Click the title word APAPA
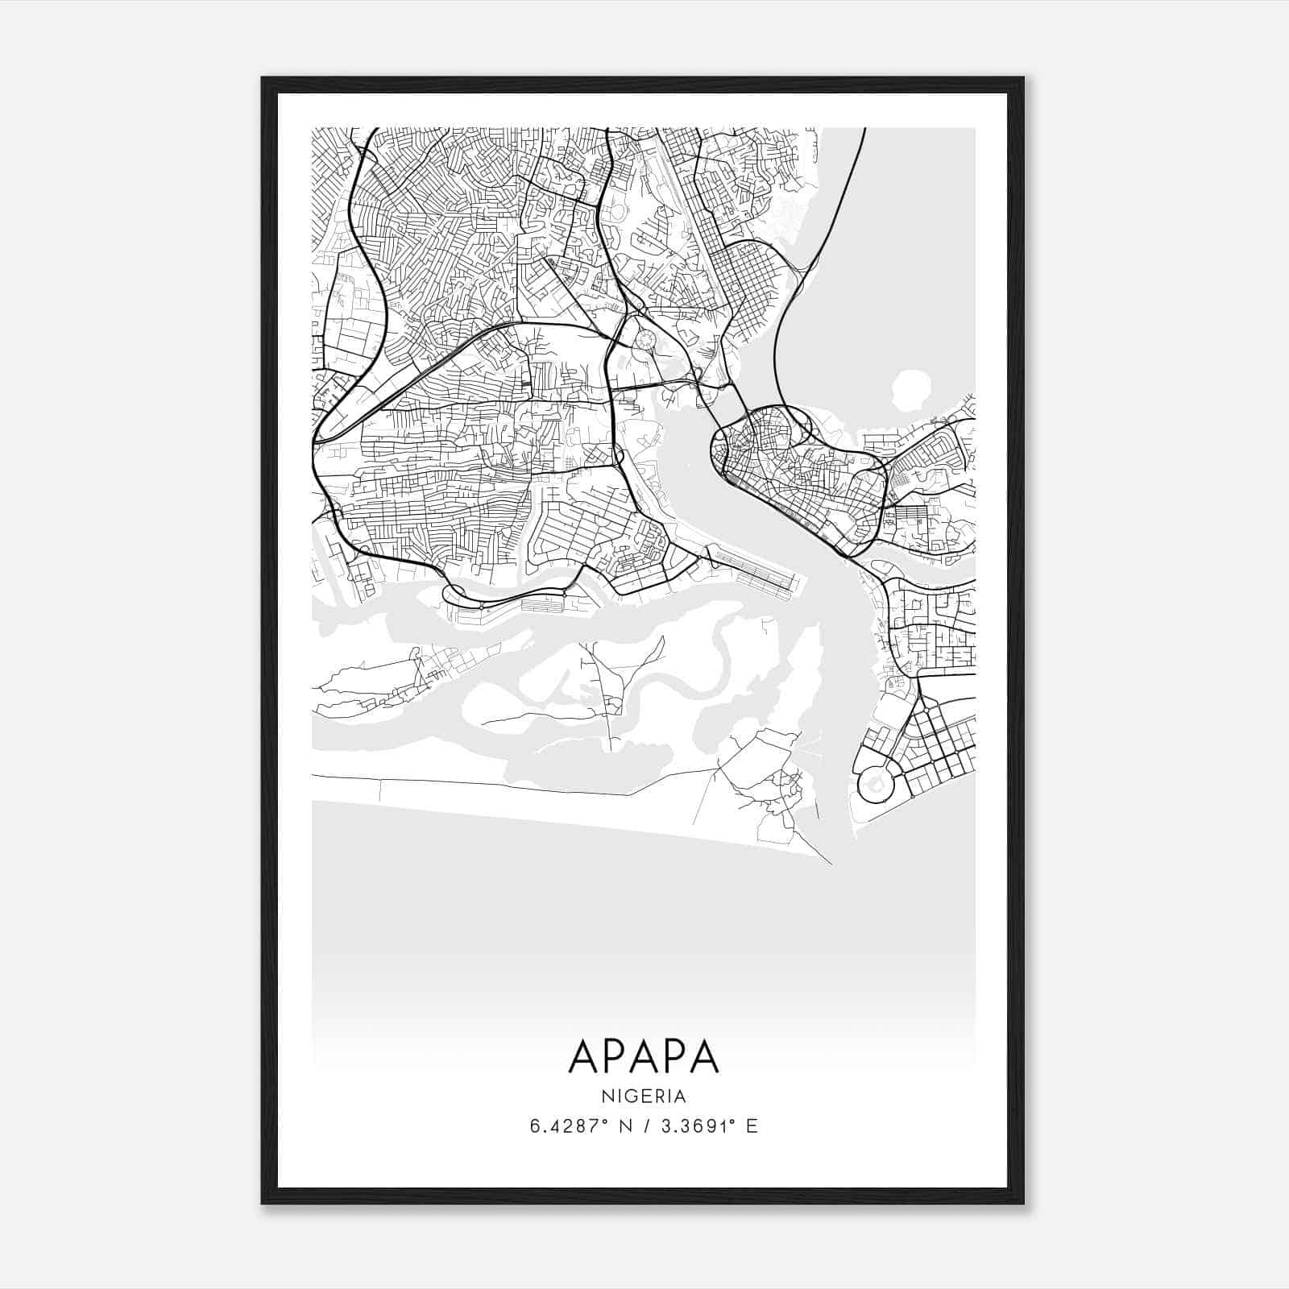[644, 1055]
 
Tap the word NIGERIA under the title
[644, 1096]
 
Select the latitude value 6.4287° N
[578, 1126]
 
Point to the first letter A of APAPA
[584, 1055]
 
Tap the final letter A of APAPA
[703, 1055]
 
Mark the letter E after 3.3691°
[752, 1126]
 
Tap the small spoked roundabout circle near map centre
[644, 340]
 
